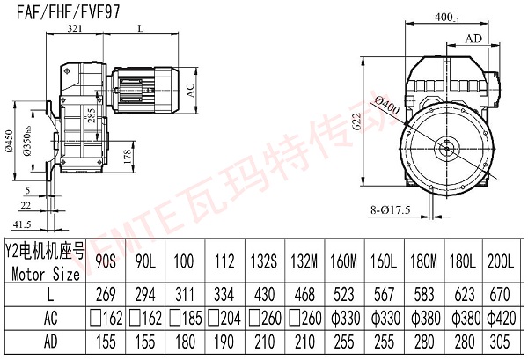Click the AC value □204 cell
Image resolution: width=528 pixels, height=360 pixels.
click(223, 317)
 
